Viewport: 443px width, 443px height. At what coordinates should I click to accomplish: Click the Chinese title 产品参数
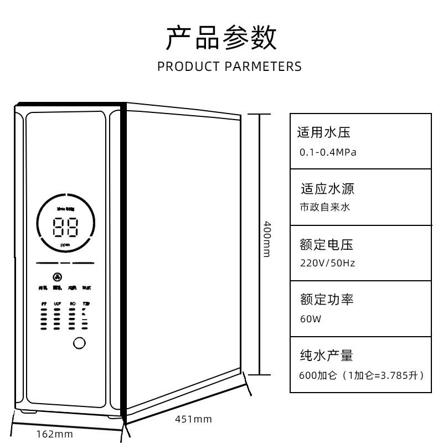(221, 38)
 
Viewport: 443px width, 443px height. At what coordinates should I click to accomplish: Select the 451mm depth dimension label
(193, 419)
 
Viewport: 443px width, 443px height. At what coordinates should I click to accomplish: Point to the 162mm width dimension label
(54, 434)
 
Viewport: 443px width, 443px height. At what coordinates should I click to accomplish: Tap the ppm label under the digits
(65, 245)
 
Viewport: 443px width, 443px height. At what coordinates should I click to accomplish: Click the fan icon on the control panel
(57, 277)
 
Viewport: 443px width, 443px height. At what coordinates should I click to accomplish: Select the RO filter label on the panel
(73, 304)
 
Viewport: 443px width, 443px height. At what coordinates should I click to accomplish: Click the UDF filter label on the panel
(57, 304)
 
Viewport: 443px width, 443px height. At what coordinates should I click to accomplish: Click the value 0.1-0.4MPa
(328, 152)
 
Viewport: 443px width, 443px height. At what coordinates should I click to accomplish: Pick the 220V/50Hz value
(327, 263)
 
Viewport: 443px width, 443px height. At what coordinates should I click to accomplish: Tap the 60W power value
(310, 319)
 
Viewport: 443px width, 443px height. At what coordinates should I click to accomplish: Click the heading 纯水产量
(326, 355)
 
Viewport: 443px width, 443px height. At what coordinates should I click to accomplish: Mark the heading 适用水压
(324, 132)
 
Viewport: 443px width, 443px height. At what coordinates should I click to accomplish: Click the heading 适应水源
(327, 188)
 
